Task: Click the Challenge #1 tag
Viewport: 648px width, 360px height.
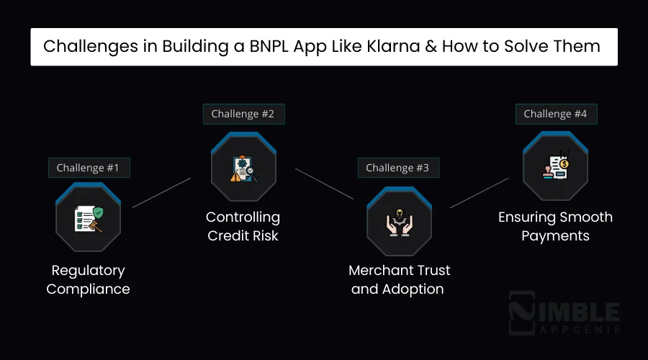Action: pyautogui.click(x=88, y=168)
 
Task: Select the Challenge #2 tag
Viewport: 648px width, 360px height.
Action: pyautogui.click(x=243, y=114)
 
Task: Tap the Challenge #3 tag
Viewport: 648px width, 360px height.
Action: pyautogui.click(x=397, y=168)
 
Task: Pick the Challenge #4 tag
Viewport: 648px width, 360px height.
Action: pyautogui.click(x=555, y=114)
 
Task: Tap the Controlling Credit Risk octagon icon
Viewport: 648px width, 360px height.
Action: pyautogui.click(x=243, y=167)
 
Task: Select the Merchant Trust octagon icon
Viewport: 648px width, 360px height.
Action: pyautogui.click(x=398, y=221)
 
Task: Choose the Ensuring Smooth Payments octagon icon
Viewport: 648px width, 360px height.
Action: pyautogui.click(x=555, y=166)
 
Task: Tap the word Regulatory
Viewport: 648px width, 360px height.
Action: pyautogui.click(x=88, y=271)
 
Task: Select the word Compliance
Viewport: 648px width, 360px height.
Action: pyautogui.click(x=88, y=289)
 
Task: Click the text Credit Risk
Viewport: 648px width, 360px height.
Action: pyautogui.click(x=243, y=235)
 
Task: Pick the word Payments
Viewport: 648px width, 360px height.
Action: pyautogui.click(x=555, y=235)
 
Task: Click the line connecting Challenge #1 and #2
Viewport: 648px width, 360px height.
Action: pyautogui.click(x=162, y=192)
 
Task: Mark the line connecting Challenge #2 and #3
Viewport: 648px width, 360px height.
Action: pyautogui.click(x=324, y=184)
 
